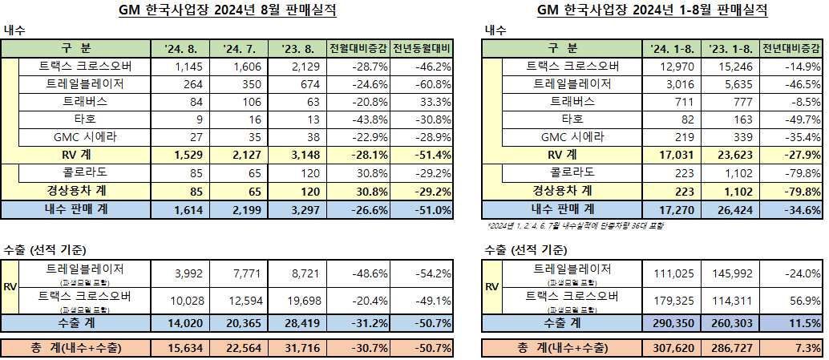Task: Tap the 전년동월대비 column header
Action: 423,49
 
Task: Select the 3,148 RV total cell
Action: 301,155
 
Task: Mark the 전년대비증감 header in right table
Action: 792,49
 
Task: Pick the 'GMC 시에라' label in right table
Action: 573,137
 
